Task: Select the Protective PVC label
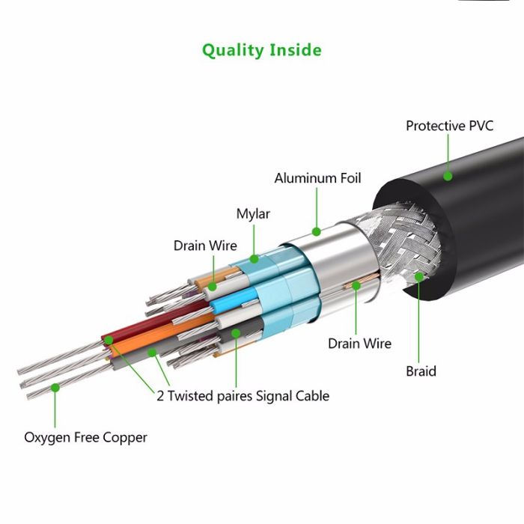pos(449,126)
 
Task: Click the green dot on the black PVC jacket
pos(448,177)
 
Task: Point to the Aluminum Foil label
pos(317,178)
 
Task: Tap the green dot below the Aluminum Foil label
pos(317,231)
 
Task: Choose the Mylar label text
pos(253,214)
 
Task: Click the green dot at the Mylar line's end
pos(254,259)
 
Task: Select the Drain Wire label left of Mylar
pos(205,246)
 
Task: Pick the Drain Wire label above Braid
pos(359,344)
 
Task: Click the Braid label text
pos(421,371)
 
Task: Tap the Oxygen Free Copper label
pos(85,437)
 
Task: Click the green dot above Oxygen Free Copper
pos(55,388)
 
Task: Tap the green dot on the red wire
pos(109,341)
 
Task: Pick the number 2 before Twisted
pos(160,396)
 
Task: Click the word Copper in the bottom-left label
pos(126,437)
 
